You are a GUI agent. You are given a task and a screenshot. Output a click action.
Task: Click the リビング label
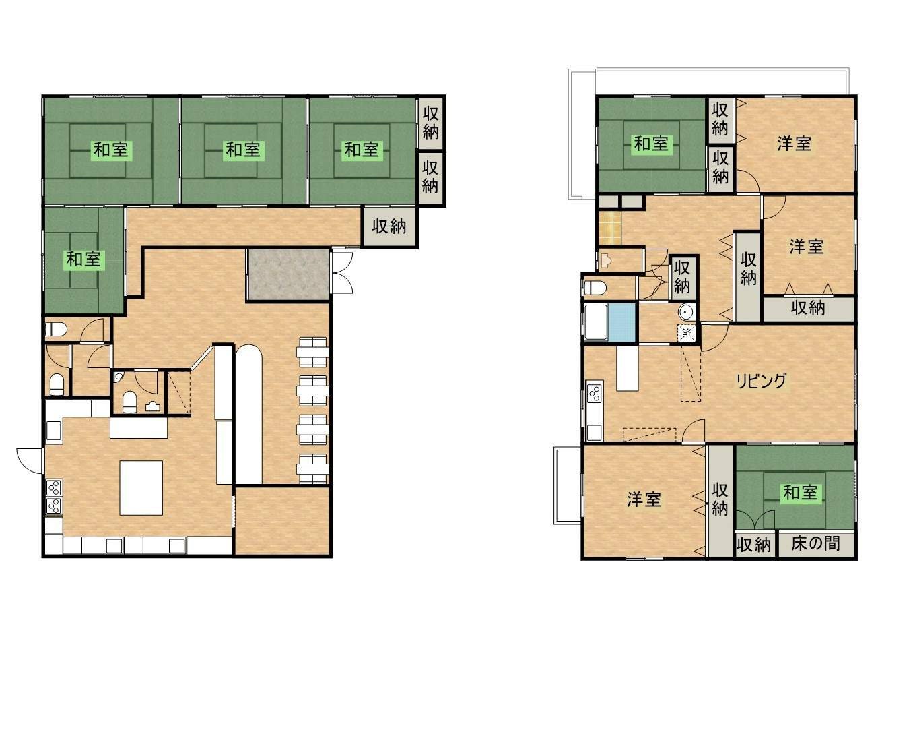point(762,381)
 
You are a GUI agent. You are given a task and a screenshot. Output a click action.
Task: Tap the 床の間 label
point(815,543)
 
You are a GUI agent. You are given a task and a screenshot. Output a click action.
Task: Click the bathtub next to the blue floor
point(597,322)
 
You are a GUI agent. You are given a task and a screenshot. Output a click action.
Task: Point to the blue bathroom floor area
point(622,323)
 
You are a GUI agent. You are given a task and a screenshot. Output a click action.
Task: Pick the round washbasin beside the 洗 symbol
point(686,313)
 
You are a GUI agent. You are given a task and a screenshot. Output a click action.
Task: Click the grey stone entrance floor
point(288,275)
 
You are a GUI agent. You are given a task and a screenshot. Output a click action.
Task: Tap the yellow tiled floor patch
point(609,228)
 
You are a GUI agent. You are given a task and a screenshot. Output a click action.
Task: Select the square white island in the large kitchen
point(141,488)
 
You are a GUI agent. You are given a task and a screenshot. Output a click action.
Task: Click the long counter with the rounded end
point(248,414)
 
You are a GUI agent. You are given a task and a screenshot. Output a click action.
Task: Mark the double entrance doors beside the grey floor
point(342,272)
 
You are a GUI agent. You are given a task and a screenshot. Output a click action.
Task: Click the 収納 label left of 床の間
point(754,545)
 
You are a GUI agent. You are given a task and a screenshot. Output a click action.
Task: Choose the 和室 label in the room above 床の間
point(800,493)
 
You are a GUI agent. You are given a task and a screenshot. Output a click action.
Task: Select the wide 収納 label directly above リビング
point(808,308)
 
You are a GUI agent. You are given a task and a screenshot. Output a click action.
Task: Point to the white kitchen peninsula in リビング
point(627,368)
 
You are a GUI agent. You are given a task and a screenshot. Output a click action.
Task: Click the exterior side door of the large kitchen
point(30,460)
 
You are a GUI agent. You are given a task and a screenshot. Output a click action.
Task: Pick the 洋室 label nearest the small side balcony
point(644,499)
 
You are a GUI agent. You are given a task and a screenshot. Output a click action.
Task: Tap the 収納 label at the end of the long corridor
point(389,226)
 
